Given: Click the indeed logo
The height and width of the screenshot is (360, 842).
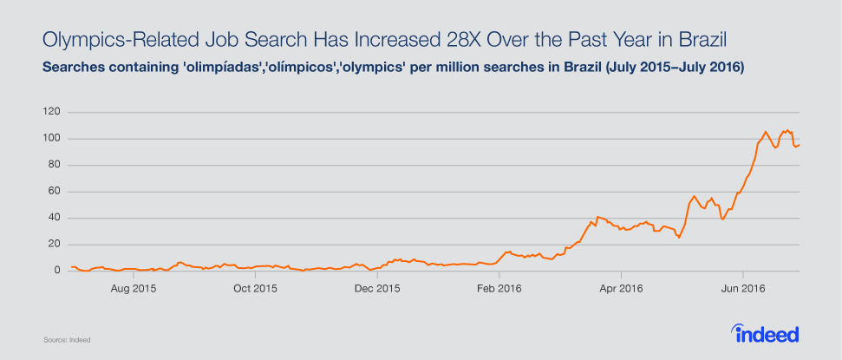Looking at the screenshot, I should [x=765, y=334].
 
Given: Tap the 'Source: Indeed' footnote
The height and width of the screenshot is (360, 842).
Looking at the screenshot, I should [x=67, y=340].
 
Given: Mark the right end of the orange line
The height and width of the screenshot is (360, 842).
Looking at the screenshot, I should [x=799, y=145].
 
